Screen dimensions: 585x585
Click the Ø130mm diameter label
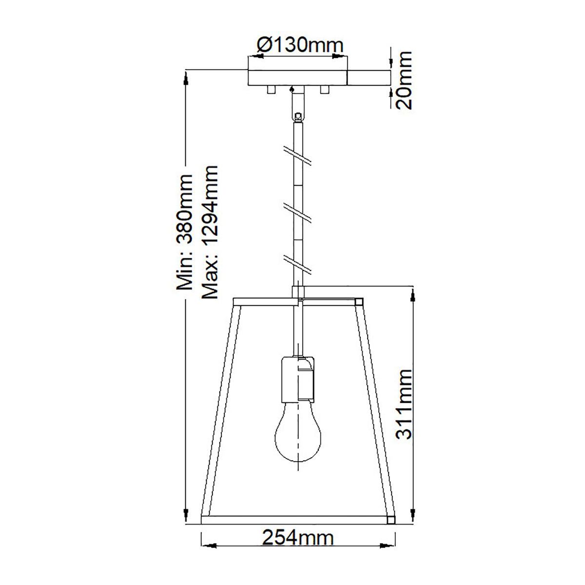(x=300, y=45)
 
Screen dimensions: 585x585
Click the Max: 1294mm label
(x=210, y=232)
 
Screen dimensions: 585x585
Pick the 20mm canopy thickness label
(x=404, y=80)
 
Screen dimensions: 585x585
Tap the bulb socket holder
(x=297, y=379)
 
